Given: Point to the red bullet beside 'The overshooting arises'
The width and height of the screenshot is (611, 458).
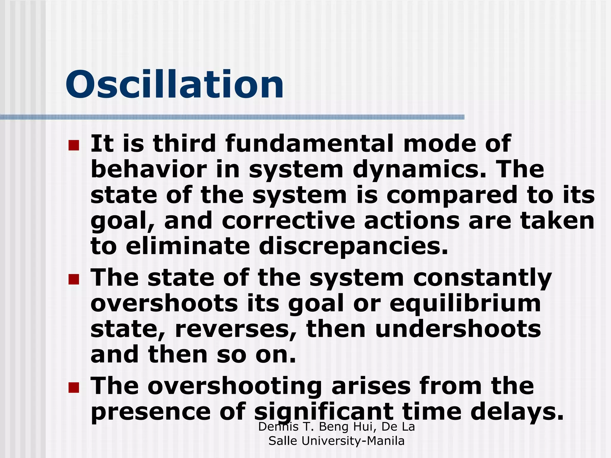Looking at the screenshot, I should pos(74,387).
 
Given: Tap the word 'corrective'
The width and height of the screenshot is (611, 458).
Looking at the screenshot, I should pos(288,221).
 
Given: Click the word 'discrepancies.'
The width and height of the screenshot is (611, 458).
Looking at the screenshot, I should pos(354,247).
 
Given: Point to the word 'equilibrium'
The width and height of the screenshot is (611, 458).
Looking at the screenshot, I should pos(465,304).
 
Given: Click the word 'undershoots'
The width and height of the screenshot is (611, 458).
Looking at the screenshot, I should pos(458,329).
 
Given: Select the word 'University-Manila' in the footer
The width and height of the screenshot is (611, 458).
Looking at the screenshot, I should pos(353,441).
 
